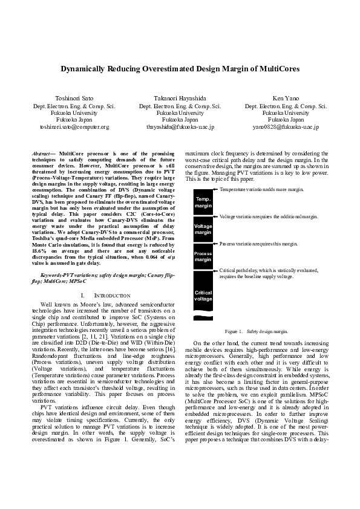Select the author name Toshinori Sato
pos(73,97)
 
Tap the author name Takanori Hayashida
pos(180,97)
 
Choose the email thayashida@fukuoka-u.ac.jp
pos(180,127)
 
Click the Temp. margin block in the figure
pos(203,202)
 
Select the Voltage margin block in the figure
pos(203,229)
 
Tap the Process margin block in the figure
pos(203,256)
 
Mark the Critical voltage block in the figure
pos(203,295)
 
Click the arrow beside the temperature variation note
pos(216,190)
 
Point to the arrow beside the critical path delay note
pos(216,271)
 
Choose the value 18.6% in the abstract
pos(39,251)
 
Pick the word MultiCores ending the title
pos(277,69)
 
